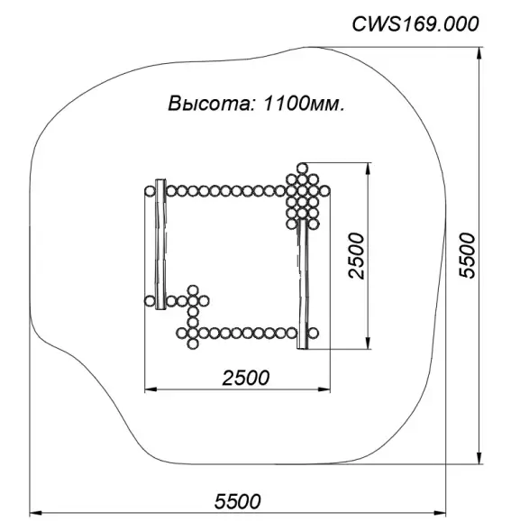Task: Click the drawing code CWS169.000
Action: (415, 24)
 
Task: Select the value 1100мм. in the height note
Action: (304, 103)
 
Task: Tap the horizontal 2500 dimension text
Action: (245, 378)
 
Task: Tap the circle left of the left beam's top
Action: (149, 191)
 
